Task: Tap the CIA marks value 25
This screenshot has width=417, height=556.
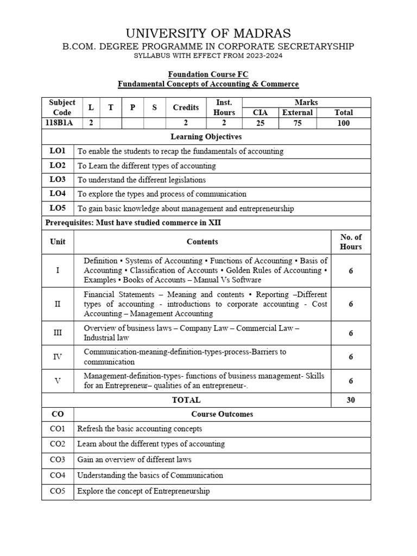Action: click(x=261, y=123)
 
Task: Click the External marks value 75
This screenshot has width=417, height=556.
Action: click(x=297, y=123)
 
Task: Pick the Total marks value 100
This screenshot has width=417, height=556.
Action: click(x=343, y=123)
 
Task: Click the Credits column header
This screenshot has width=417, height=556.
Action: click(x=186, y=108)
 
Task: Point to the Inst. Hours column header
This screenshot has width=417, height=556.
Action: click(x=224, y=108)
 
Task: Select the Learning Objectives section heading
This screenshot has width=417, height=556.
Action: click(x=206, y=137)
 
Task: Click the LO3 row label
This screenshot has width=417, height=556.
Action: click(x=58, y=179)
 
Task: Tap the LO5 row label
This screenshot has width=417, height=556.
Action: click(x=58, y=208)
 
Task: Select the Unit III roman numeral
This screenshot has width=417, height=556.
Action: click(x=58, y=333)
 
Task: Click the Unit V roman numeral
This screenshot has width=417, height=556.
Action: click(x=58, y=381)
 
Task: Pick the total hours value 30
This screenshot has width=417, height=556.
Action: click(x=351, y=400)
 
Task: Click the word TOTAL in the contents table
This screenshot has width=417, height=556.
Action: click(x=186, y=400)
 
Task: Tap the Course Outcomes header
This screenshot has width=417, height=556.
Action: click(x=222, y=414)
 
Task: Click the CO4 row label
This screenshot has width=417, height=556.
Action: click(x=58, y=475)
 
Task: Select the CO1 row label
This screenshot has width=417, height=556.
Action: click(x=58, y=428)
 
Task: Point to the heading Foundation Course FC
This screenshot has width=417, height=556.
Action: click(x=208, y=74)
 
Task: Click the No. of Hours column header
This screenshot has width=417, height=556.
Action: click(x=351, y=242)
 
